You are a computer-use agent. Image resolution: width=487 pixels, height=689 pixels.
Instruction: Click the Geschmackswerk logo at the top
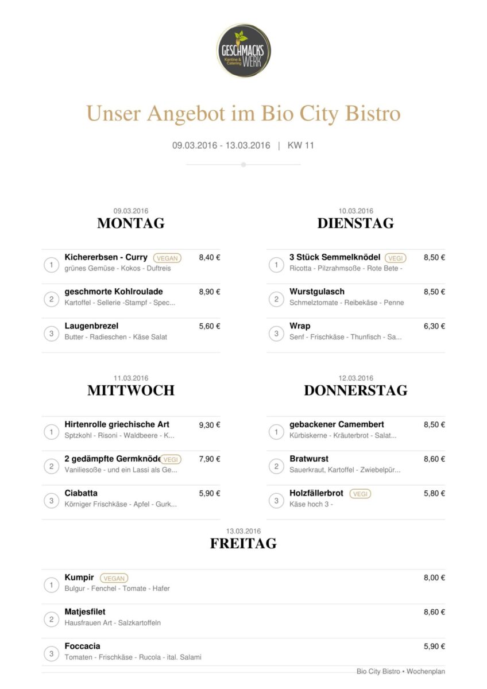pos(243,51)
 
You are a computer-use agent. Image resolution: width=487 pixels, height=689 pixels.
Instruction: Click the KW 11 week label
pos(300,145)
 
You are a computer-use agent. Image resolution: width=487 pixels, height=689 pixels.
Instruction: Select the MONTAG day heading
pos(131,223)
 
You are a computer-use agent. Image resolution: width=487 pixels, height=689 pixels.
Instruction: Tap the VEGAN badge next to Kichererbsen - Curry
pos(167,258)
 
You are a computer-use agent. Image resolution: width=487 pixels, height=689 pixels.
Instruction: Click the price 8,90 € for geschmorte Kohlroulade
pos(210,292)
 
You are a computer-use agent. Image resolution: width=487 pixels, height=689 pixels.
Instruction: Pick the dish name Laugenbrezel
pos(91,326)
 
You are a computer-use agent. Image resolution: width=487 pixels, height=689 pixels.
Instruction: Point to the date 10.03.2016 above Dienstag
pos(355,211)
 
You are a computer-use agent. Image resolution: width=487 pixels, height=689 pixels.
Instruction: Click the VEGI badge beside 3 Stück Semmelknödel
pos(395,258)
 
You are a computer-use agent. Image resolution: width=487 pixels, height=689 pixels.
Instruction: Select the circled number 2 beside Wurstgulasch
pos(276,299)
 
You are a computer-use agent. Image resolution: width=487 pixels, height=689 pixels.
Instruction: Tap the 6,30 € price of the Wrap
pos(434,326)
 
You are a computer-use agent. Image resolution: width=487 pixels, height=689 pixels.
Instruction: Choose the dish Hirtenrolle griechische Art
pos(117,424)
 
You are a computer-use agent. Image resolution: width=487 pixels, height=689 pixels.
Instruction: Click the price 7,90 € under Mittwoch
pos(210,459)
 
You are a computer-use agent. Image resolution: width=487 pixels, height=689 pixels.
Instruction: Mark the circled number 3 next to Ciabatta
pos(51,501)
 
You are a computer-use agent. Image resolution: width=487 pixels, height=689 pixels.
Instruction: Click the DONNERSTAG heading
pos(355,390)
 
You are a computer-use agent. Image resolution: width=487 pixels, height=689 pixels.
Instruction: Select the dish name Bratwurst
pos(309,459)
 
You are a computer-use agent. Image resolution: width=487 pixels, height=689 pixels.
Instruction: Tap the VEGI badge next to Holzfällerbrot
pos(360,494)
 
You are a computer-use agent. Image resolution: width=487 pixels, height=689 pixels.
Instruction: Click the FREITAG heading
pos(243,543)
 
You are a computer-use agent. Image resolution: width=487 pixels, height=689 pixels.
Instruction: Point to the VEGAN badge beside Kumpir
pos(114,578)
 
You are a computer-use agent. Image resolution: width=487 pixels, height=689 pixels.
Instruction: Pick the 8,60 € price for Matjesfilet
pos(434,612)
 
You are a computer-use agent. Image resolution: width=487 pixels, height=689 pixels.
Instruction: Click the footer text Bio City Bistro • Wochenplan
pos(400,671)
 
